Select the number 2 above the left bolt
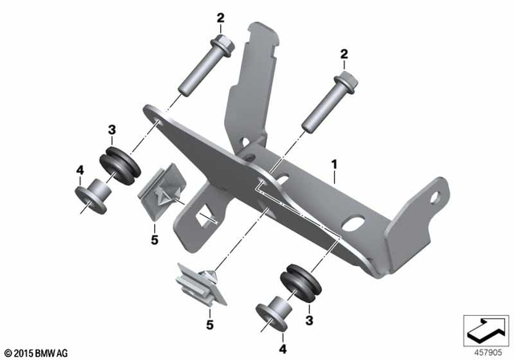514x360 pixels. (x=219, y=16)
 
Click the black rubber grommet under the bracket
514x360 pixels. (x=299, y=281)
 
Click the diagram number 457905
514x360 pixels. (x=486, y=351)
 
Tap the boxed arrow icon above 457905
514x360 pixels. (x=485, y=329)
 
